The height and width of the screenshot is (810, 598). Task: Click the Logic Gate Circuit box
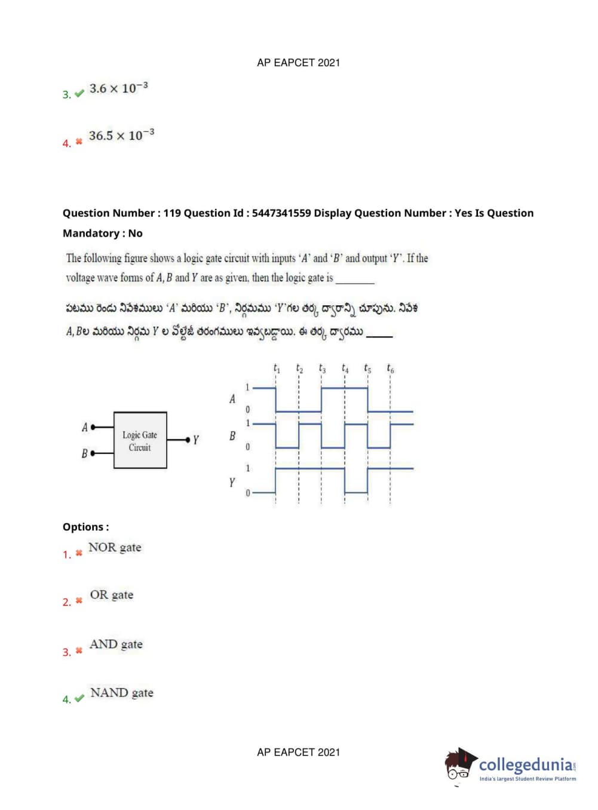[140, 440]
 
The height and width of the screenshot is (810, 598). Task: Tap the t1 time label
[277, 369]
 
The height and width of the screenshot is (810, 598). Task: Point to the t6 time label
[390, 369]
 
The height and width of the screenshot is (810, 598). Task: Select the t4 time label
[345, 369]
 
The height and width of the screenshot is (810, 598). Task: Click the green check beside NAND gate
[79, 698]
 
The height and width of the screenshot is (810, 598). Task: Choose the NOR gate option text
[115, 547]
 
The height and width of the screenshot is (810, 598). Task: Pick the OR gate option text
[112, 595]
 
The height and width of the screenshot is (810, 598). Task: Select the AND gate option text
[116, 644]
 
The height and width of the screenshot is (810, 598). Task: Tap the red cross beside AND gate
[79, 651]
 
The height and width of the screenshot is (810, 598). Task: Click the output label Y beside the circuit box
[196, 440]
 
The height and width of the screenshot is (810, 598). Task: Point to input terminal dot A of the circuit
[93, 427]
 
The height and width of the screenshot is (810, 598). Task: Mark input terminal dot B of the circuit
[93, 453]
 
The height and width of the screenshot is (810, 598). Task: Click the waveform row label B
[232, 436]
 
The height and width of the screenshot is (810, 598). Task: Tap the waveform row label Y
[232, 481]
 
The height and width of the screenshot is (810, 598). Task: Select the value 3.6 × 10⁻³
[118, 88]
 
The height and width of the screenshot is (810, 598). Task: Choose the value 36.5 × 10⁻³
[121, 135]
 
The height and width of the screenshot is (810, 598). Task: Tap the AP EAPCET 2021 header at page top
[298, 63]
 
